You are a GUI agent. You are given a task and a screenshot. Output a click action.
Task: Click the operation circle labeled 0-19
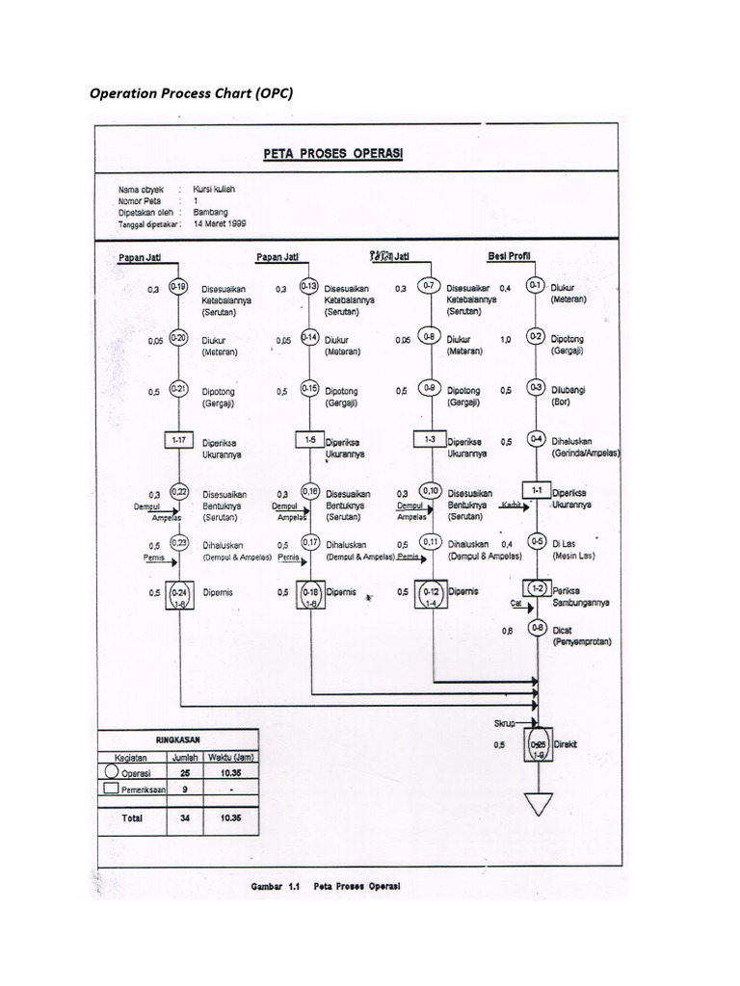[178, 286]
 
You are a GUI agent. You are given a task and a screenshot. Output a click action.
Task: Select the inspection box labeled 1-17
[178, 440]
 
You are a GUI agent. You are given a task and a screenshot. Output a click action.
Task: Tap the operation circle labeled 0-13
[309, 286]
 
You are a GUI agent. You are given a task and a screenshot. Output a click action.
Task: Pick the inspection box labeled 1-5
[309, 440]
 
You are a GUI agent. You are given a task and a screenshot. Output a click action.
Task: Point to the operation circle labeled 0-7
[431, 286]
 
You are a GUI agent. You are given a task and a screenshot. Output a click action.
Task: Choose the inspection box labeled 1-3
[431, 440]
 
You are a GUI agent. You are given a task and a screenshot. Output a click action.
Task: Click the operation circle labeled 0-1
[537, 286]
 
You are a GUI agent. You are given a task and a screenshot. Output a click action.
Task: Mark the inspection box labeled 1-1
[537, 490]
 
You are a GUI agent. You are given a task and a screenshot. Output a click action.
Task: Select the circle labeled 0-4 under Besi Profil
[537, 440]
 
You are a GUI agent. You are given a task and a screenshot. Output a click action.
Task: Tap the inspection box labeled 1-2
[537, 588]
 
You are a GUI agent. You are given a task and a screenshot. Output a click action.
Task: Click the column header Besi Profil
[511, 256]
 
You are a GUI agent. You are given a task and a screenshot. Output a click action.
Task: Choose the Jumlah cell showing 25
[184, 771]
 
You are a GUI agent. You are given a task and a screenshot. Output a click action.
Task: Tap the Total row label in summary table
[131, 817]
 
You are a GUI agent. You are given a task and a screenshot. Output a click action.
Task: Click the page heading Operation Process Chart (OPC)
[190, 94]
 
